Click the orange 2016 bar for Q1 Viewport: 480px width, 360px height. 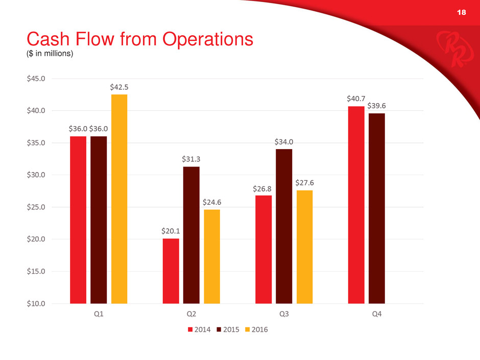point(119,199)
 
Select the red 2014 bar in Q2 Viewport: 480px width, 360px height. point(171,271)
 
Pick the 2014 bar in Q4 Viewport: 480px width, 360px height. point(356,205)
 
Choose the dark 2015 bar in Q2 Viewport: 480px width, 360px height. point(191,235)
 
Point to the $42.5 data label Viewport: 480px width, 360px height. point(119,87)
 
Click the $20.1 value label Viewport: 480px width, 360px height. point(171,231)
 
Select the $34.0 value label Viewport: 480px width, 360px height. point(284,141)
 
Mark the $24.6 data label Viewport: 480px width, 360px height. point(212,202)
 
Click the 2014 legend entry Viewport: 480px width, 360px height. point(199,329)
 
